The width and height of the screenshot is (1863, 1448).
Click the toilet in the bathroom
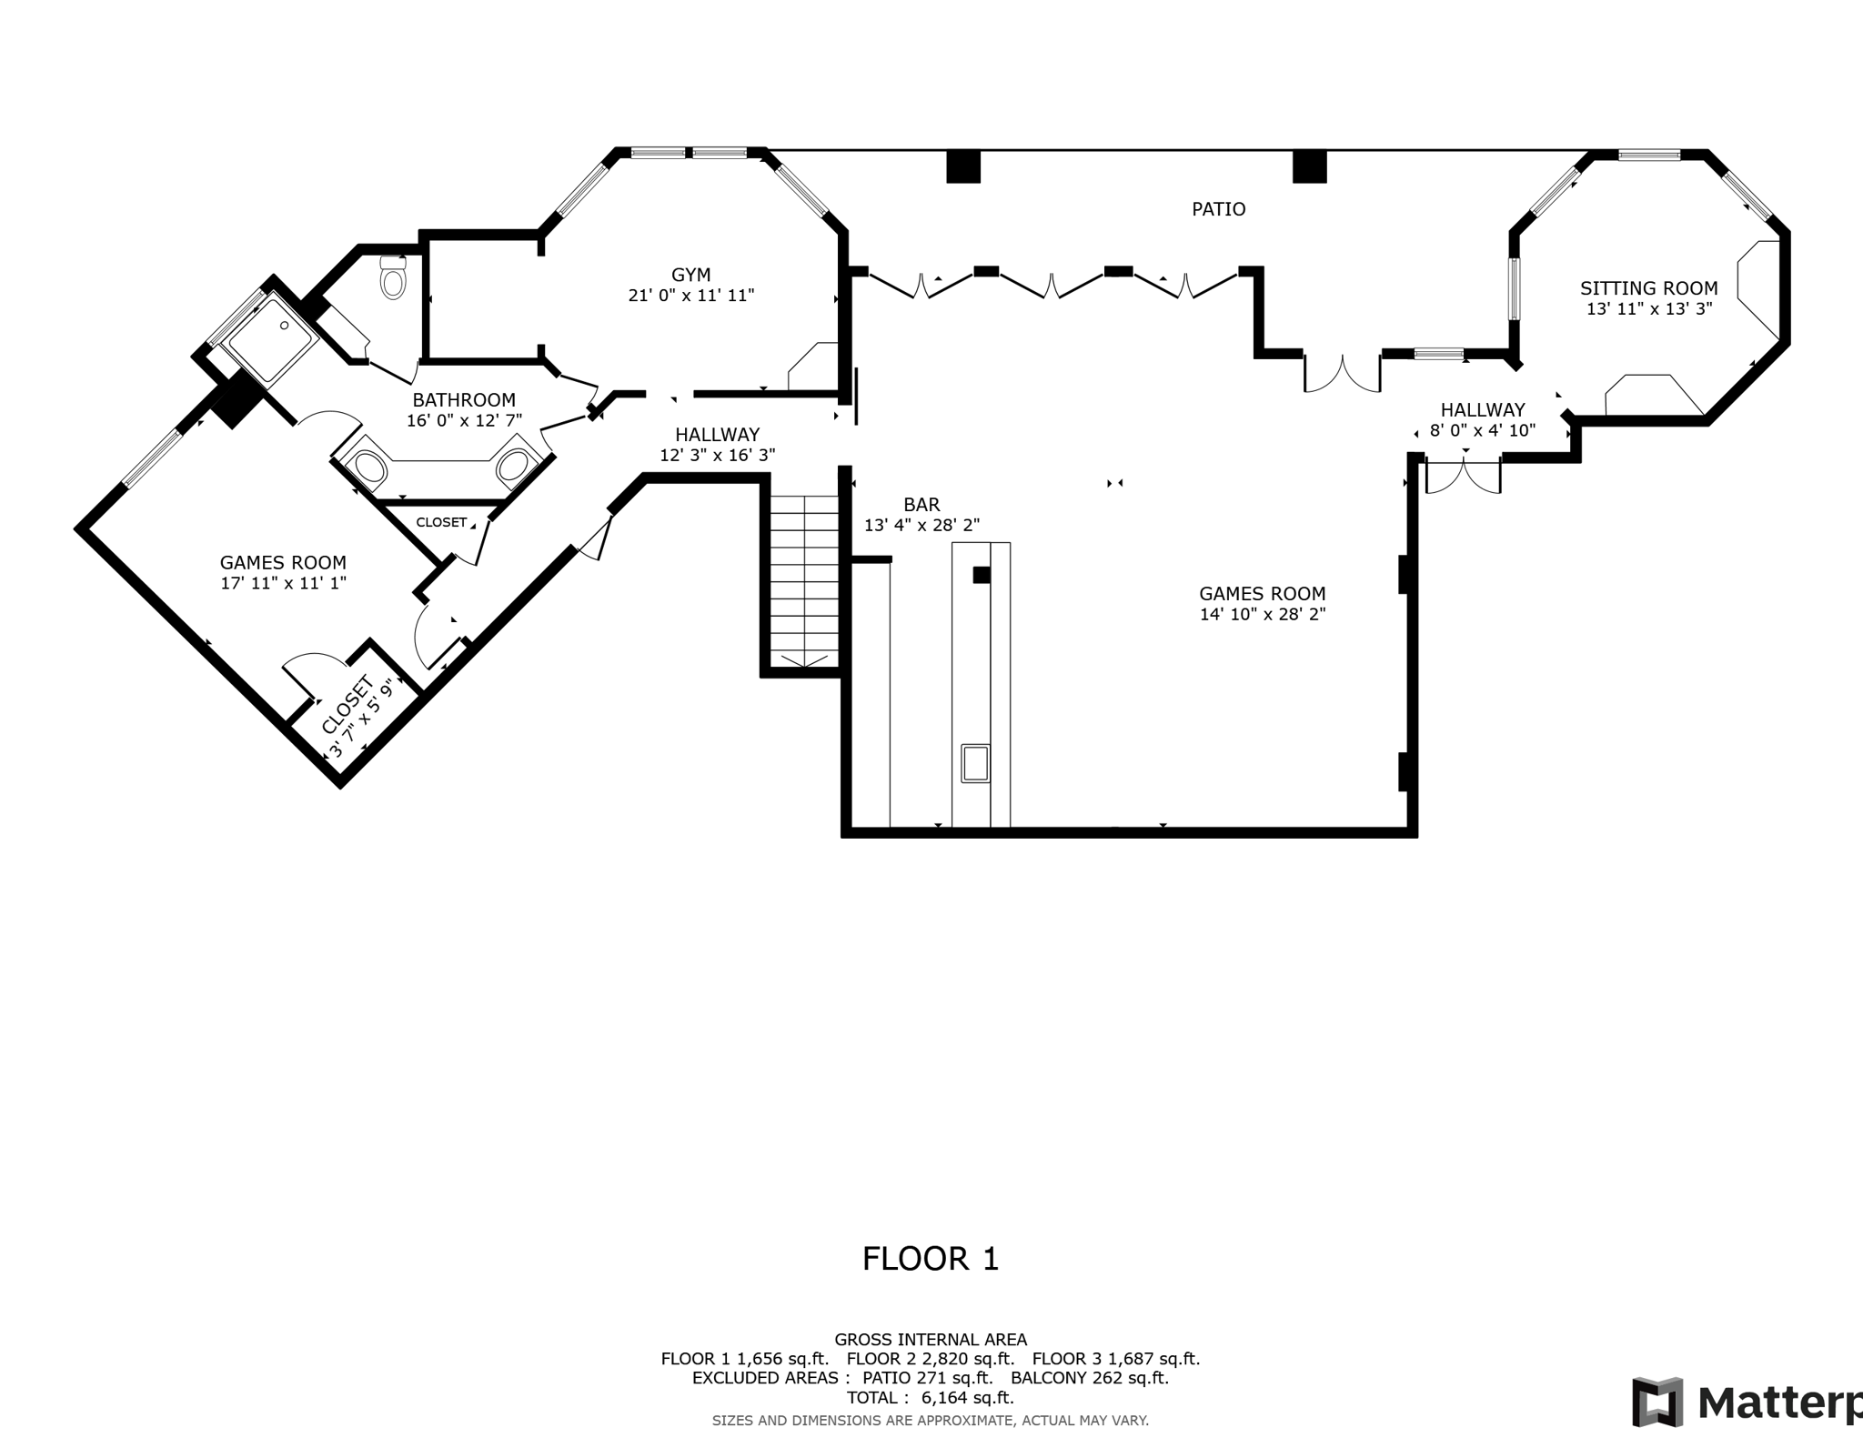[x=393, y=277]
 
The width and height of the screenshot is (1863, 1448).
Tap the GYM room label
[x=691, y=275]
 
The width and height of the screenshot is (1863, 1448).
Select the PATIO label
[x=1218, y=209]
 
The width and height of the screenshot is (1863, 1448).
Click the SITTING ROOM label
[x=1648, y=288]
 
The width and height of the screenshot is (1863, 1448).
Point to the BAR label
[x=921, y=505]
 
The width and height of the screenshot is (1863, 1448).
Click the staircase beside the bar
[x=804, y=582]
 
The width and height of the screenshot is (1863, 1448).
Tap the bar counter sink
[x=975, y=763]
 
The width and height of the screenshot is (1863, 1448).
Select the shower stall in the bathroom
[x=271, y=338]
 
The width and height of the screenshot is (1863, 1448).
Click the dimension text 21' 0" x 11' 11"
[x=691, y=296]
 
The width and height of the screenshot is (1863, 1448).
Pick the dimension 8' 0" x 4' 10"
[x=1483, y=430]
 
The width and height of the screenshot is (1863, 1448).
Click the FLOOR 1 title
[x=931, y=1259]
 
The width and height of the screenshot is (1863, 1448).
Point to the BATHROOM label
[x=464, y=400]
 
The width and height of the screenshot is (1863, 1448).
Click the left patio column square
[x=963, y=166]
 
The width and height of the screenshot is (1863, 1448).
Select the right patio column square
[x=1310, y=166]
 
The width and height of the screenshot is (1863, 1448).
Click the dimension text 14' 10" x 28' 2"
[x=1263, y=614]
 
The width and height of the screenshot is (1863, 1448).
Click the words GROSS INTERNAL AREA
[x=931, y=1339]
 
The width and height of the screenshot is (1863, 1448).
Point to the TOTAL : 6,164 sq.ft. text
[x=931, y=1398]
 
